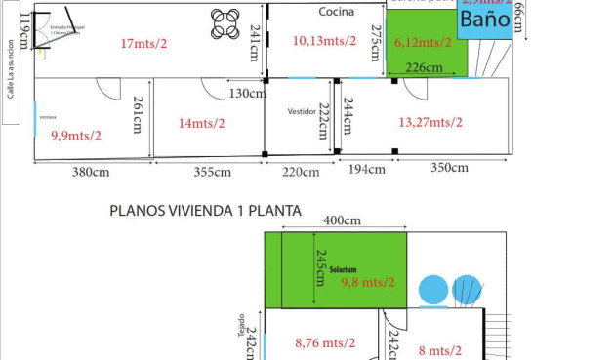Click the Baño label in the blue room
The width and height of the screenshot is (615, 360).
[x=484, y=20]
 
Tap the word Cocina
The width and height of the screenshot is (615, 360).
[x=336, y=12]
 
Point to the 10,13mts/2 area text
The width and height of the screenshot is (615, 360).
[x=324, y=41]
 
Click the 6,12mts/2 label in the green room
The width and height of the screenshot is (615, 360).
[x=423, y=43]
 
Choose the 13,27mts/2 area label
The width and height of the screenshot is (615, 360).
[x=430, y=122]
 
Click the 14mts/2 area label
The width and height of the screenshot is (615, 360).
[x=201, y=123]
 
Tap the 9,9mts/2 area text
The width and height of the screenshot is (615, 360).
[x=76, y=136]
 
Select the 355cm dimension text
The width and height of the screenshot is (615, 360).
[x=212, y=173]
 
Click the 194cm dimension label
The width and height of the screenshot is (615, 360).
[x=367, y=170]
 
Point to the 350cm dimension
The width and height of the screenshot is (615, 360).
[x=449, y=168]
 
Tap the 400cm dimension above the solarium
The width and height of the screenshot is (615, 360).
[x=342, y=221]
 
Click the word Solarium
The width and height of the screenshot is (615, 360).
[x=343, y=269]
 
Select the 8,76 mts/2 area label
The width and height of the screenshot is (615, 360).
[x=325, y=342]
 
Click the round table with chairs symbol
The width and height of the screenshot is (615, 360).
[x=225, y=23]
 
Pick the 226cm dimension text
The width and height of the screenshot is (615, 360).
[x=424, y=68]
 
